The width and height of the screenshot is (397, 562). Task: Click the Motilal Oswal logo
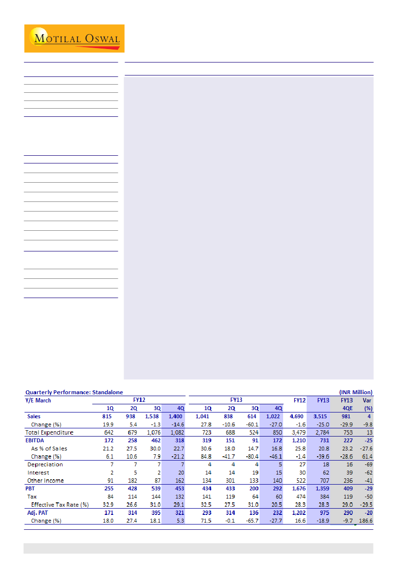[x=74, y=38]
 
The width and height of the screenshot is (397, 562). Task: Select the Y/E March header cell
[x=38, y=400]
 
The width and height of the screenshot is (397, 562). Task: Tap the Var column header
[x=366, y=400]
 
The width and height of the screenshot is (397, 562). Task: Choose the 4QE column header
[x=347, y=408]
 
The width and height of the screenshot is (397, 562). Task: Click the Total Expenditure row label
[x=50, y=433]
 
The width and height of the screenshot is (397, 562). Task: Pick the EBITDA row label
[x=35, y=440]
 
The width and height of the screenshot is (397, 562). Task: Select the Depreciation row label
[x=45, y=464]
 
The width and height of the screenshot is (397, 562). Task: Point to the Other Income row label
[x=46, y=481]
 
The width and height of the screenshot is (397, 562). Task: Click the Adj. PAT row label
[x=38, y=513]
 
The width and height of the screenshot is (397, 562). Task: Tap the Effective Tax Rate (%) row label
[x=60, y=505]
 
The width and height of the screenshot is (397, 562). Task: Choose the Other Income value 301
[x=228, y=481]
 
